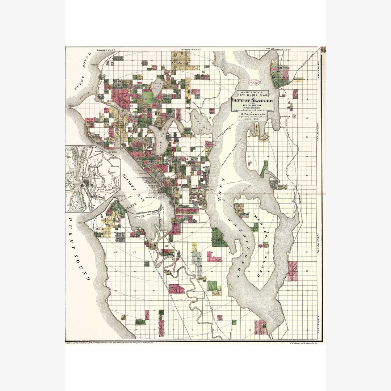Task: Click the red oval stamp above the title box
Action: point(256,83)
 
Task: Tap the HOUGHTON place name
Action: point(286,117)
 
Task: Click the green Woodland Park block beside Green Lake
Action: point(148,96)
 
